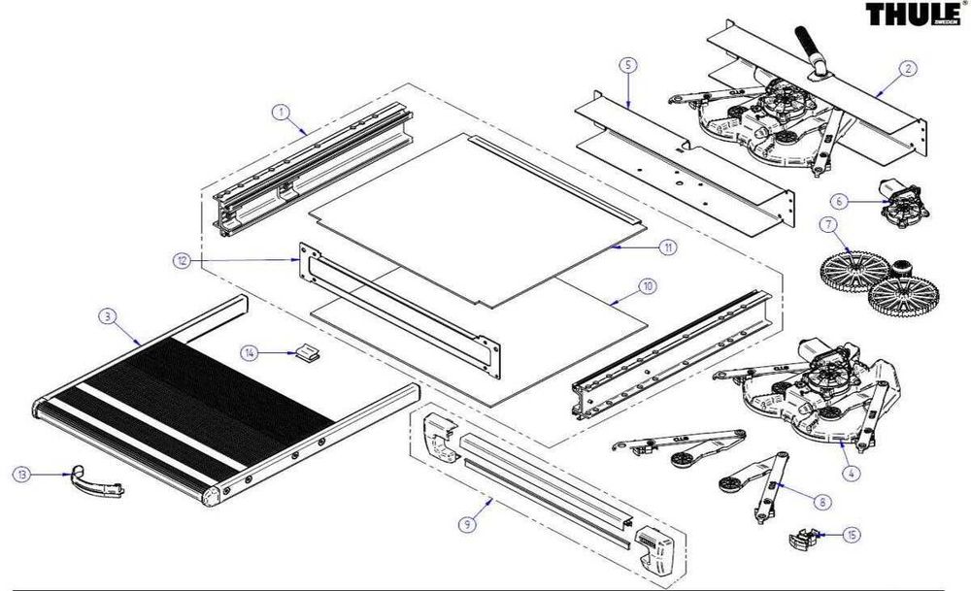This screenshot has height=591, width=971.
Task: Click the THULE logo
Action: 912,15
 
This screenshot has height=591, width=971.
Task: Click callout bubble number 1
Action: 280,113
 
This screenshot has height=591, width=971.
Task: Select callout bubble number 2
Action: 907,68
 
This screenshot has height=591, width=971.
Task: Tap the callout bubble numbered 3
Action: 108,315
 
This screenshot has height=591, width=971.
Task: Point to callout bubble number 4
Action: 852,473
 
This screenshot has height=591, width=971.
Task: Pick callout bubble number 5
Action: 627,66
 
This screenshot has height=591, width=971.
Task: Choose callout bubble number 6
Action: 840,201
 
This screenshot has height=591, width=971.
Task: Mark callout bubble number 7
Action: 827,226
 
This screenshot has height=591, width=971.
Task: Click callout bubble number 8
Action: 822,502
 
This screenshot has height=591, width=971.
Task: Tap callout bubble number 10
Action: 648,287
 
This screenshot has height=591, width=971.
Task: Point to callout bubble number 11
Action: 668,247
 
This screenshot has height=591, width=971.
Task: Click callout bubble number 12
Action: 182,260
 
